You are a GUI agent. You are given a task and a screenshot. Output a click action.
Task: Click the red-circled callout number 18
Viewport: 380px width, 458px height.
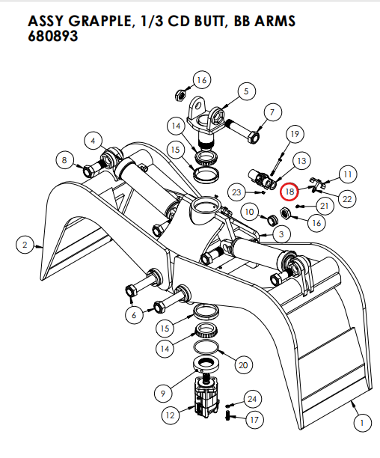coord(289,192)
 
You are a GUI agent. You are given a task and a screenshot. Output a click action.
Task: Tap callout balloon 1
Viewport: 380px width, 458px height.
coord(361,424)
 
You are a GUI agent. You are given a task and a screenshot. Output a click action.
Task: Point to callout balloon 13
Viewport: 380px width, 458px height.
coord(301,161)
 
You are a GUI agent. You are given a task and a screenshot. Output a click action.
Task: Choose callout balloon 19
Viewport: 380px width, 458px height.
coord(294,134)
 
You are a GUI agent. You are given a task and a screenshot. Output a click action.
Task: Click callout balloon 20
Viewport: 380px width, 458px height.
coord(242,364)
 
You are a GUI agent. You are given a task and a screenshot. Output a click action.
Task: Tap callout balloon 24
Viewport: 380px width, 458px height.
coord(252,398)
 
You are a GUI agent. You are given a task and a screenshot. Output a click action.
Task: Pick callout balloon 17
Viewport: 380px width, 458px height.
coord(254,420)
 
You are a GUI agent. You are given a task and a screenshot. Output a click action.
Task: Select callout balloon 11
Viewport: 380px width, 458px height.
coord(348,174)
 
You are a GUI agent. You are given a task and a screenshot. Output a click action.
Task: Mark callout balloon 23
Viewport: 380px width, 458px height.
coord(236,192)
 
